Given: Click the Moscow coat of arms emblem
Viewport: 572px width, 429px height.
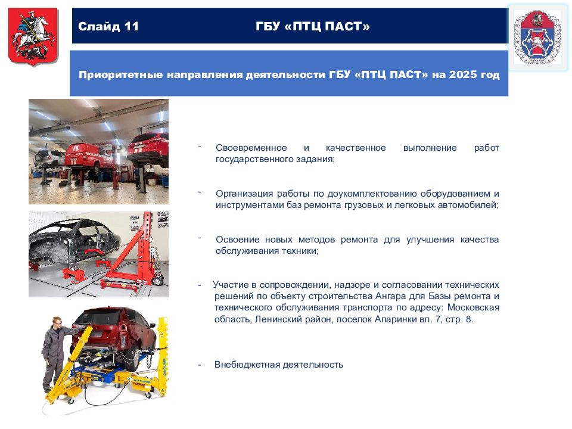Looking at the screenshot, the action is point(33,37).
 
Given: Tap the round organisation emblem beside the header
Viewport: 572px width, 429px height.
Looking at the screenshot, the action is point(537,37).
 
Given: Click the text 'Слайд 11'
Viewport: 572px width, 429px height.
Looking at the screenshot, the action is point(108,26).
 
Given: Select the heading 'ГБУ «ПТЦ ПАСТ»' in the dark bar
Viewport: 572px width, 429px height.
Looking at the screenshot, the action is point(313,26).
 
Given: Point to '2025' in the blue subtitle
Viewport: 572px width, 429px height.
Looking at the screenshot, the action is point(463,74).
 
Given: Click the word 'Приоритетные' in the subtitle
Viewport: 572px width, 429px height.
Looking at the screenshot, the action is point(121,75).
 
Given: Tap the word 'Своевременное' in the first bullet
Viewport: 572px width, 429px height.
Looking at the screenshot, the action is point(251,148).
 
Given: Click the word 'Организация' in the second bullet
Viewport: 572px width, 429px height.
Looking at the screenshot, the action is point(244,194).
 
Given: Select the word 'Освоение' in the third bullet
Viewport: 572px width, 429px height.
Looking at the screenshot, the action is point(238,240).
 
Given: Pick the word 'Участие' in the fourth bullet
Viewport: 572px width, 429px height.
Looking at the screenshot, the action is point(231,285).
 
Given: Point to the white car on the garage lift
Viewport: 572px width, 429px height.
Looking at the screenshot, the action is point(49,158).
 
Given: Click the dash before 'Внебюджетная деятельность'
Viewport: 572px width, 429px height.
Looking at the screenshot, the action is point(200,365).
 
